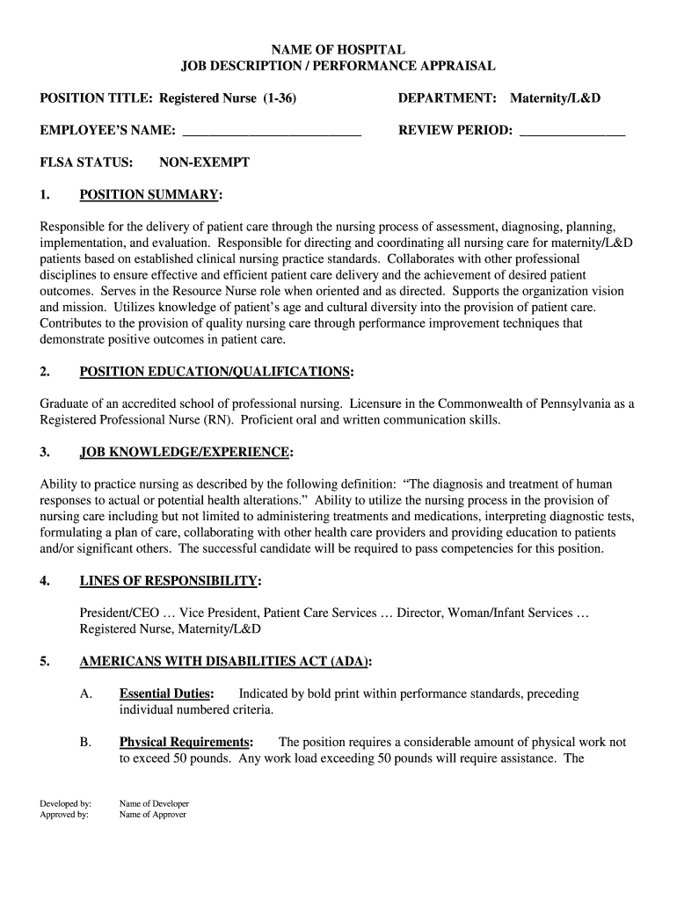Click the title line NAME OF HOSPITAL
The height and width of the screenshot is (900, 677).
[338, 50]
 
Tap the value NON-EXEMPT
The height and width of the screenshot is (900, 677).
[204, 163]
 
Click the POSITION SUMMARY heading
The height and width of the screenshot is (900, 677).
[149, 194]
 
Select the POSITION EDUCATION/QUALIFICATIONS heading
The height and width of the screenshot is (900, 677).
[215, 372]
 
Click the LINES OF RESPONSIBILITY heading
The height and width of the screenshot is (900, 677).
[169, 581]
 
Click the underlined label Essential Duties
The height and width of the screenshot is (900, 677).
[166, 693]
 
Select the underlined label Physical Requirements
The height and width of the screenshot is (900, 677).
[186, 742]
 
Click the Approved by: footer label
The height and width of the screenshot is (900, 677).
[64, 815]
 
